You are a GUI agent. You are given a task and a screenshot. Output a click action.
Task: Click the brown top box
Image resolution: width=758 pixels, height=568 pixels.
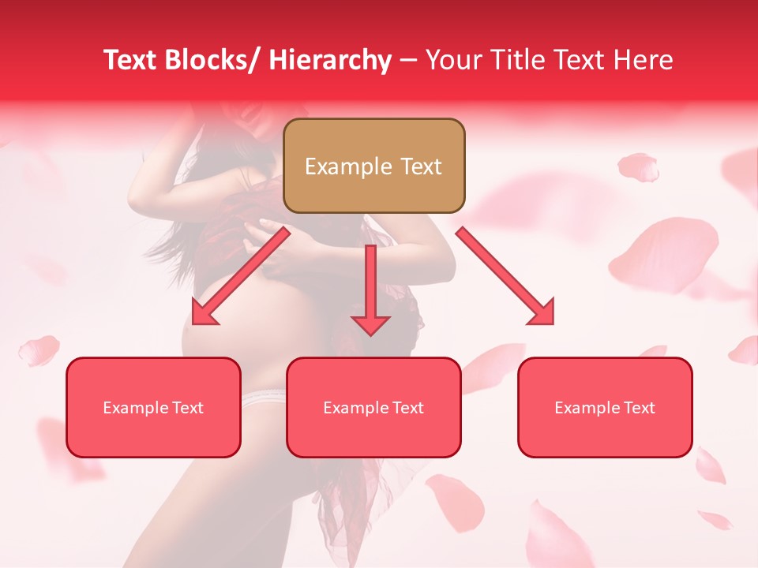373,166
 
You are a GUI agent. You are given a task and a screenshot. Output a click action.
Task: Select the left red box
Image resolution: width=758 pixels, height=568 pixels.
153,407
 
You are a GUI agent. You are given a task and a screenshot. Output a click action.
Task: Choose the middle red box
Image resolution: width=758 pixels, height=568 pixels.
373,407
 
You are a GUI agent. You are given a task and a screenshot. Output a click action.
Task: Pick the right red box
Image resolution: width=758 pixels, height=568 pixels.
605,407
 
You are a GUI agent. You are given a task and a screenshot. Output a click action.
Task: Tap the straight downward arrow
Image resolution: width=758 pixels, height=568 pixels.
370,289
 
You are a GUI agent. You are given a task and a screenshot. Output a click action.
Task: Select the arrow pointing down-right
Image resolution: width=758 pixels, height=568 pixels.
506,276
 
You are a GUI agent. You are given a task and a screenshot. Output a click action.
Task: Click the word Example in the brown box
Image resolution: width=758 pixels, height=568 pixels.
337,166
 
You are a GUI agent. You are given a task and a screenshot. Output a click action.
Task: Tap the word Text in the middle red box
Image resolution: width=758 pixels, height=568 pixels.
407,408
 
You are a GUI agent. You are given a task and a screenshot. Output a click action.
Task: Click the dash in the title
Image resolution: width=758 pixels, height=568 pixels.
408,60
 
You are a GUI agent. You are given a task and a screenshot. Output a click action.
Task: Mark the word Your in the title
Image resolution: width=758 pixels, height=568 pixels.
450,60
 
